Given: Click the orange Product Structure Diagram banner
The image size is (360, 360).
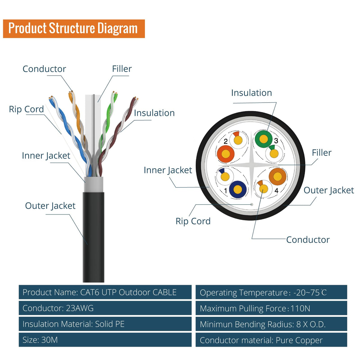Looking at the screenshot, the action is pyautogui.click(x=74, y=28).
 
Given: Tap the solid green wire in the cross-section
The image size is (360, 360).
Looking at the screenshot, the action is pyautogui.click(x=263, y=139).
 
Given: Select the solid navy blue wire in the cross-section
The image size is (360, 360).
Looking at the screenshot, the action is pyautogui.click(x=238, y=189).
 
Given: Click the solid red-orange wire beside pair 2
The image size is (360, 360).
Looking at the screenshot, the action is pyautogui.click(x=226, y=154).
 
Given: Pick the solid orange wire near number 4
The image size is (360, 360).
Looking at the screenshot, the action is pyautogui.click(x=277, y=176).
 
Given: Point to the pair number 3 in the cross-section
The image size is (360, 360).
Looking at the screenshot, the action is pyautogui.click(x=276, y=141).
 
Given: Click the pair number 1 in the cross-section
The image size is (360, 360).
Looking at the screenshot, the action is pyautogui.click(x=226, y=190).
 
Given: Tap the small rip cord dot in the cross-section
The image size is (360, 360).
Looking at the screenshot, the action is pyautogui.click(x=252, y=204).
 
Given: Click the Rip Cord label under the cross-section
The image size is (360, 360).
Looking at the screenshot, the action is pyautogui.click(x=193, y=221).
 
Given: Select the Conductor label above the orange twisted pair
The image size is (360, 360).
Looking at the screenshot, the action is pyautogui.click(x=44, y=69).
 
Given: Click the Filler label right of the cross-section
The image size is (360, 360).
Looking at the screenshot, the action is pyautogui.click(x=322, y=153).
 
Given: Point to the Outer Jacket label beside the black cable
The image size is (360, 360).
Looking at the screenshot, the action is pyautogui.click(x=50, y=206).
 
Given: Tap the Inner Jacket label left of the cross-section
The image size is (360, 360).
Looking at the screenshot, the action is pyautogui.click(x=168, y=170).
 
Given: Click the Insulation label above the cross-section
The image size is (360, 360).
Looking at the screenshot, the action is pyautogui.click(x=251, y=93).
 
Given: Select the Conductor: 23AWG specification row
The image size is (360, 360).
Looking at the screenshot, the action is pyautogui.click(x=105, y=308).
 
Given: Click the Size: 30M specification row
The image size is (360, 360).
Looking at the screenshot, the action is pyautogui.click(x=105, y=340).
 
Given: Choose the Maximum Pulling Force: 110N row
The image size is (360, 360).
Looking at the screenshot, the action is pyautogui.click(x=271, y=308).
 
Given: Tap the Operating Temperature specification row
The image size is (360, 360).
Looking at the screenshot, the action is pyautogui.click(x=271, y=292).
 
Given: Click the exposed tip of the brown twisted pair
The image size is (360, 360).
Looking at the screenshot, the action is pyautogui.click(x=136, y=98).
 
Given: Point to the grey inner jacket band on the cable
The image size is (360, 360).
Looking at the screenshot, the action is pyautogui.click(x=93, y=184).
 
